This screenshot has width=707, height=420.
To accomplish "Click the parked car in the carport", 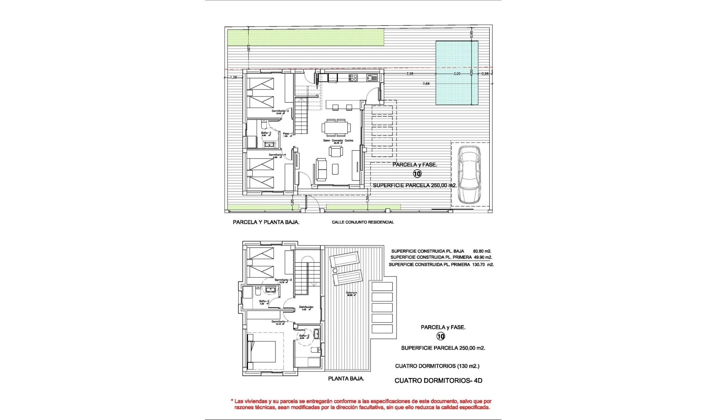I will [x=469, y=174].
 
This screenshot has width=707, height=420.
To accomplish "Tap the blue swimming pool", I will [x=457, y=73].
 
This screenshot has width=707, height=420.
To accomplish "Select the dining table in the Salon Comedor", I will [x=337, y=127].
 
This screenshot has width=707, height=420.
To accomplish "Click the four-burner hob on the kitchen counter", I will [x=353, y=78].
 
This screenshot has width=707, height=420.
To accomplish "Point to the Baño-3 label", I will [x=266, y=133].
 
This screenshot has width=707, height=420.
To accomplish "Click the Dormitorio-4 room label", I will [x=277, y=155].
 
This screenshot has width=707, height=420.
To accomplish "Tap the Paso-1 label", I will [x=288, y=133].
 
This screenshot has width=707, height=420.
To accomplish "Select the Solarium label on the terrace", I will [x=352, y=293].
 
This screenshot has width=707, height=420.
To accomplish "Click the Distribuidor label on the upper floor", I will [x=306, y=307].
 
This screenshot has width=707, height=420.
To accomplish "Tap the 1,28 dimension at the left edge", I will [x=233, y=77].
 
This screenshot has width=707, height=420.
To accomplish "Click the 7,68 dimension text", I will [x=426, y=84].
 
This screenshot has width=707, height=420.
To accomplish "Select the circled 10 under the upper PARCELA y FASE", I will [x=417, y=174].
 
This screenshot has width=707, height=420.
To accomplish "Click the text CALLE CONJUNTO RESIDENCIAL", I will [x=363, y=222].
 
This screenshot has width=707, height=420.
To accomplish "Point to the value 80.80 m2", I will [x=482, y=251].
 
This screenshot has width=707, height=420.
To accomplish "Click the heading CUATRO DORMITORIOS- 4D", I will [x=438, y=381].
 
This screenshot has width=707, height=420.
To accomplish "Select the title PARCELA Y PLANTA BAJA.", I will [x=266, y=222].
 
